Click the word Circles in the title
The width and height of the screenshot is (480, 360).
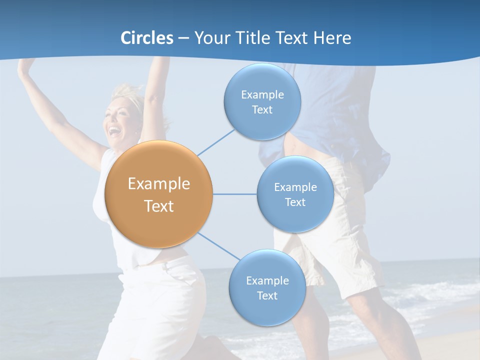point(146,38)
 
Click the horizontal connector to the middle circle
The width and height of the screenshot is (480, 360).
point(234,194)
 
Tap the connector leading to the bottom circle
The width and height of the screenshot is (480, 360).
point(218,246)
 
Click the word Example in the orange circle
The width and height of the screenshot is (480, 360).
point(158,184)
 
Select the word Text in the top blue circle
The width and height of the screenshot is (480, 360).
point(262,110)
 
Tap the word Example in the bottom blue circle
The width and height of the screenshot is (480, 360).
point(267,280)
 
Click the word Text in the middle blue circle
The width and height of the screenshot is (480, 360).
point(295,202)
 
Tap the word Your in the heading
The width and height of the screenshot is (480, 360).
point(210,38)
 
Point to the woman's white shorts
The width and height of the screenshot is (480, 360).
point(165,300)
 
